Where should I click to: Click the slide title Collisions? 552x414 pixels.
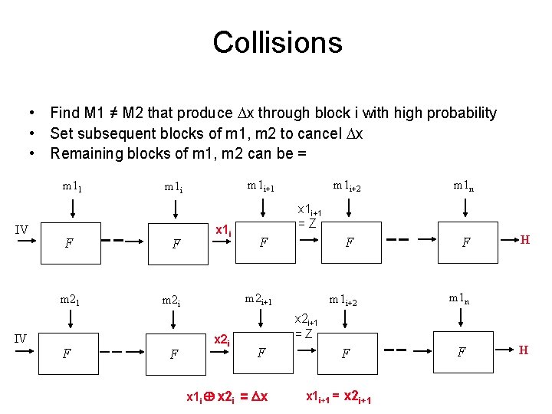click(x=277, y=42)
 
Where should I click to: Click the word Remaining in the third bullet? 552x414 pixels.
click(x=85, y=153)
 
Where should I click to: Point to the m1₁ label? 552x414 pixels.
click(x=73, y=186)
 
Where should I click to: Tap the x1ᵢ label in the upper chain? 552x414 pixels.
click(x=223, y=229)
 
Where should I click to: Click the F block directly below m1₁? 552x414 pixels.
click(x=70, y=244)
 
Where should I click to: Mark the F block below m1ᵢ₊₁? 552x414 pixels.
click(x=263, y=243)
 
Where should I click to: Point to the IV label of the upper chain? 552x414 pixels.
click(x=22, y=229)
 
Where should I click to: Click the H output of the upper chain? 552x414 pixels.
click(x=525, y=239)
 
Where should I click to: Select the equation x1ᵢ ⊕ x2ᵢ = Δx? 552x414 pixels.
click(x=227, y=397)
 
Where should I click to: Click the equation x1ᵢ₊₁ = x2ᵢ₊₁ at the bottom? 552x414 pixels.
click(x=338, y=397)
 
